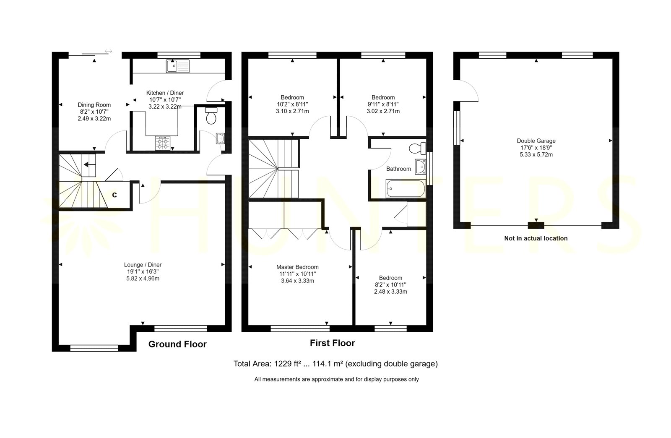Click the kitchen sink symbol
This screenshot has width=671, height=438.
click(x=178, y=66)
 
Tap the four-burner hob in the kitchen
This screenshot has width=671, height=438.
click(x=163, y=143)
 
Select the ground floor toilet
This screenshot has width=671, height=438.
click(x=211, y=116)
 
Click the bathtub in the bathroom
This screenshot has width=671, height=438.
click(x=405, y=188)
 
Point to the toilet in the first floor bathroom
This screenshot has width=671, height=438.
click(x=418, y=148)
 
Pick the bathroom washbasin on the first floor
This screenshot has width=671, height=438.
click(x=421, y=167)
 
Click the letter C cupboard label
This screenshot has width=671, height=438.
click(x=114, y=195)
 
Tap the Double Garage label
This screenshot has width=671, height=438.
click(x=536, y=141)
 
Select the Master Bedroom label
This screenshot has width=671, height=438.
click(x=297, y=267)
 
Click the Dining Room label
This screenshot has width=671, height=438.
click(x=94, y=105)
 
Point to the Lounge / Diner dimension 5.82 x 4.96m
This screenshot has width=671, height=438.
click(x=143, y=279)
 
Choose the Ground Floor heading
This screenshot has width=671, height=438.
click(x=177, y=344)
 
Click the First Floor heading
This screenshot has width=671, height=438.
click(x=332, y=343)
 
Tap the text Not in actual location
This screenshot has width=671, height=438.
click(x=536, y=238)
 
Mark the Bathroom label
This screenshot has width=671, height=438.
click(x=398, y=169)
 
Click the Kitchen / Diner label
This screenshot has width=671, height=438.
click(x=165, y=93)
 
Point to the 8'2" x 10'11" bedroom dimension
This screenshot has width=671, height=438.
click(x=390, y=284)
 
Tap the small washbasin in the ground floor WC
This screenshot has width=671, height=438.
click(x=220, y=138)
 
